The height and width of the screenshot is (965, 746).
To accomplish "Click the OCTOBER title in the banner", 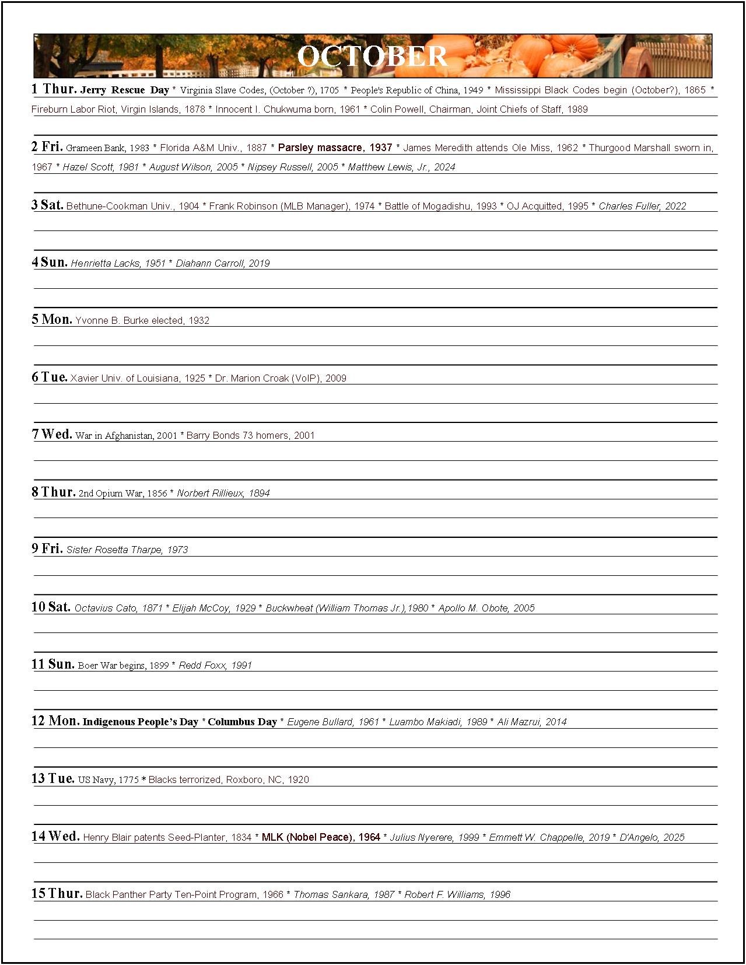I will pyautogui.click(x=372, y=56).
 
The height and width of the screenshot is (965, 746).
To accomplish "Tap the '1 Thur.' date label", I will pyautogui.click(x=54, y=89).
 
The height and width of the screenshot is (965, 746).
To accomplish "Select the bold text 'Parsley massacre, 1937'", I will pyautogui.click(x=335, y=148).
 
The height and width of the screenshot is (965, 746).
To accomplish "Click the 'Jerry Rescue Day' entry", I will pyautogui.click(x=125, y=90).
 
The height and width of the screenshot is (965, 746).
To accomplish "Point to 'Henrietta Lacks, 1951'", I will pyautogui.click(x=118, y=263).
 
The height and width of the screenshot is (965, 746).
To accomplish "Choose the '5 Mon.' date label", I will pyautogui.click(x=52, y=319).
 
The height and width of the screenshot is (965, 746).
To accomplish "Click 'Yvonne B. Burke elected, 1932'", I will pyautogui.click(x=142, y=320).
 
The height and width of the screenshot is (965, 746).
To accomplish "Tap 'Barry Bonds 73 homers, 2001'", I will pyautogui.click(x=250, y=435).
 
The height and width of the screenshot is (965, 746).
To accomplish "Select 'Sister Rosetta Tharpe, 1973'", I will pyautogui.click(x=127, y=550).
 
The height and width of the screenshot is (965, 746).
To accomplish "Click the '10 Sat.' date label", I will pyautogui.click(x=51, y=607).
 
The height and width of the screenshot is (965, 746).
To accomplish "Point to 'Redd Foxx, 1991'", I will pyautogui.click(x=215, y=665).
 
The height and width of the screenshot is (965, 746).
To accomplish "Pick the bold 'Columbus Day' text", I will pyautogui.click(x=242, y=722).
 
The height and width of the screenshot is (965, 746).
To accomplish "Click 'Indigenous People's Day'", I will pyautogui.click(x=141, y=722).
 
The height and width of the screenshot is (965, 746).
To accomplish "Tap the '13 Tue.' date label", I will pyautogui.click(x=53, y=779).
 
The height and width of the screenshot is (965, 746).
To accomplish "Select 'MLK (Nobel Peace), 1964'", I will pyautogui.click(x=321, y=837).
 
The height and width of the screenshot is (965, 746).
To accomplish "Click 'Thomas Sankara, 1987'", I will pyautogui.click(x=344, y=894).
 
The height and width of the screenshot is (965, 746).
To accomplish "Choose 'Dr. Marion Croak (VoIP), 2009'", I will pyautogui.click(x=281, y=378).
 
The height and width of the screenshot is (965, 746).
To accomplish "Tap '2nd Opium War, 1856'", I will pyautogui.click(x=123, y=493).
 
